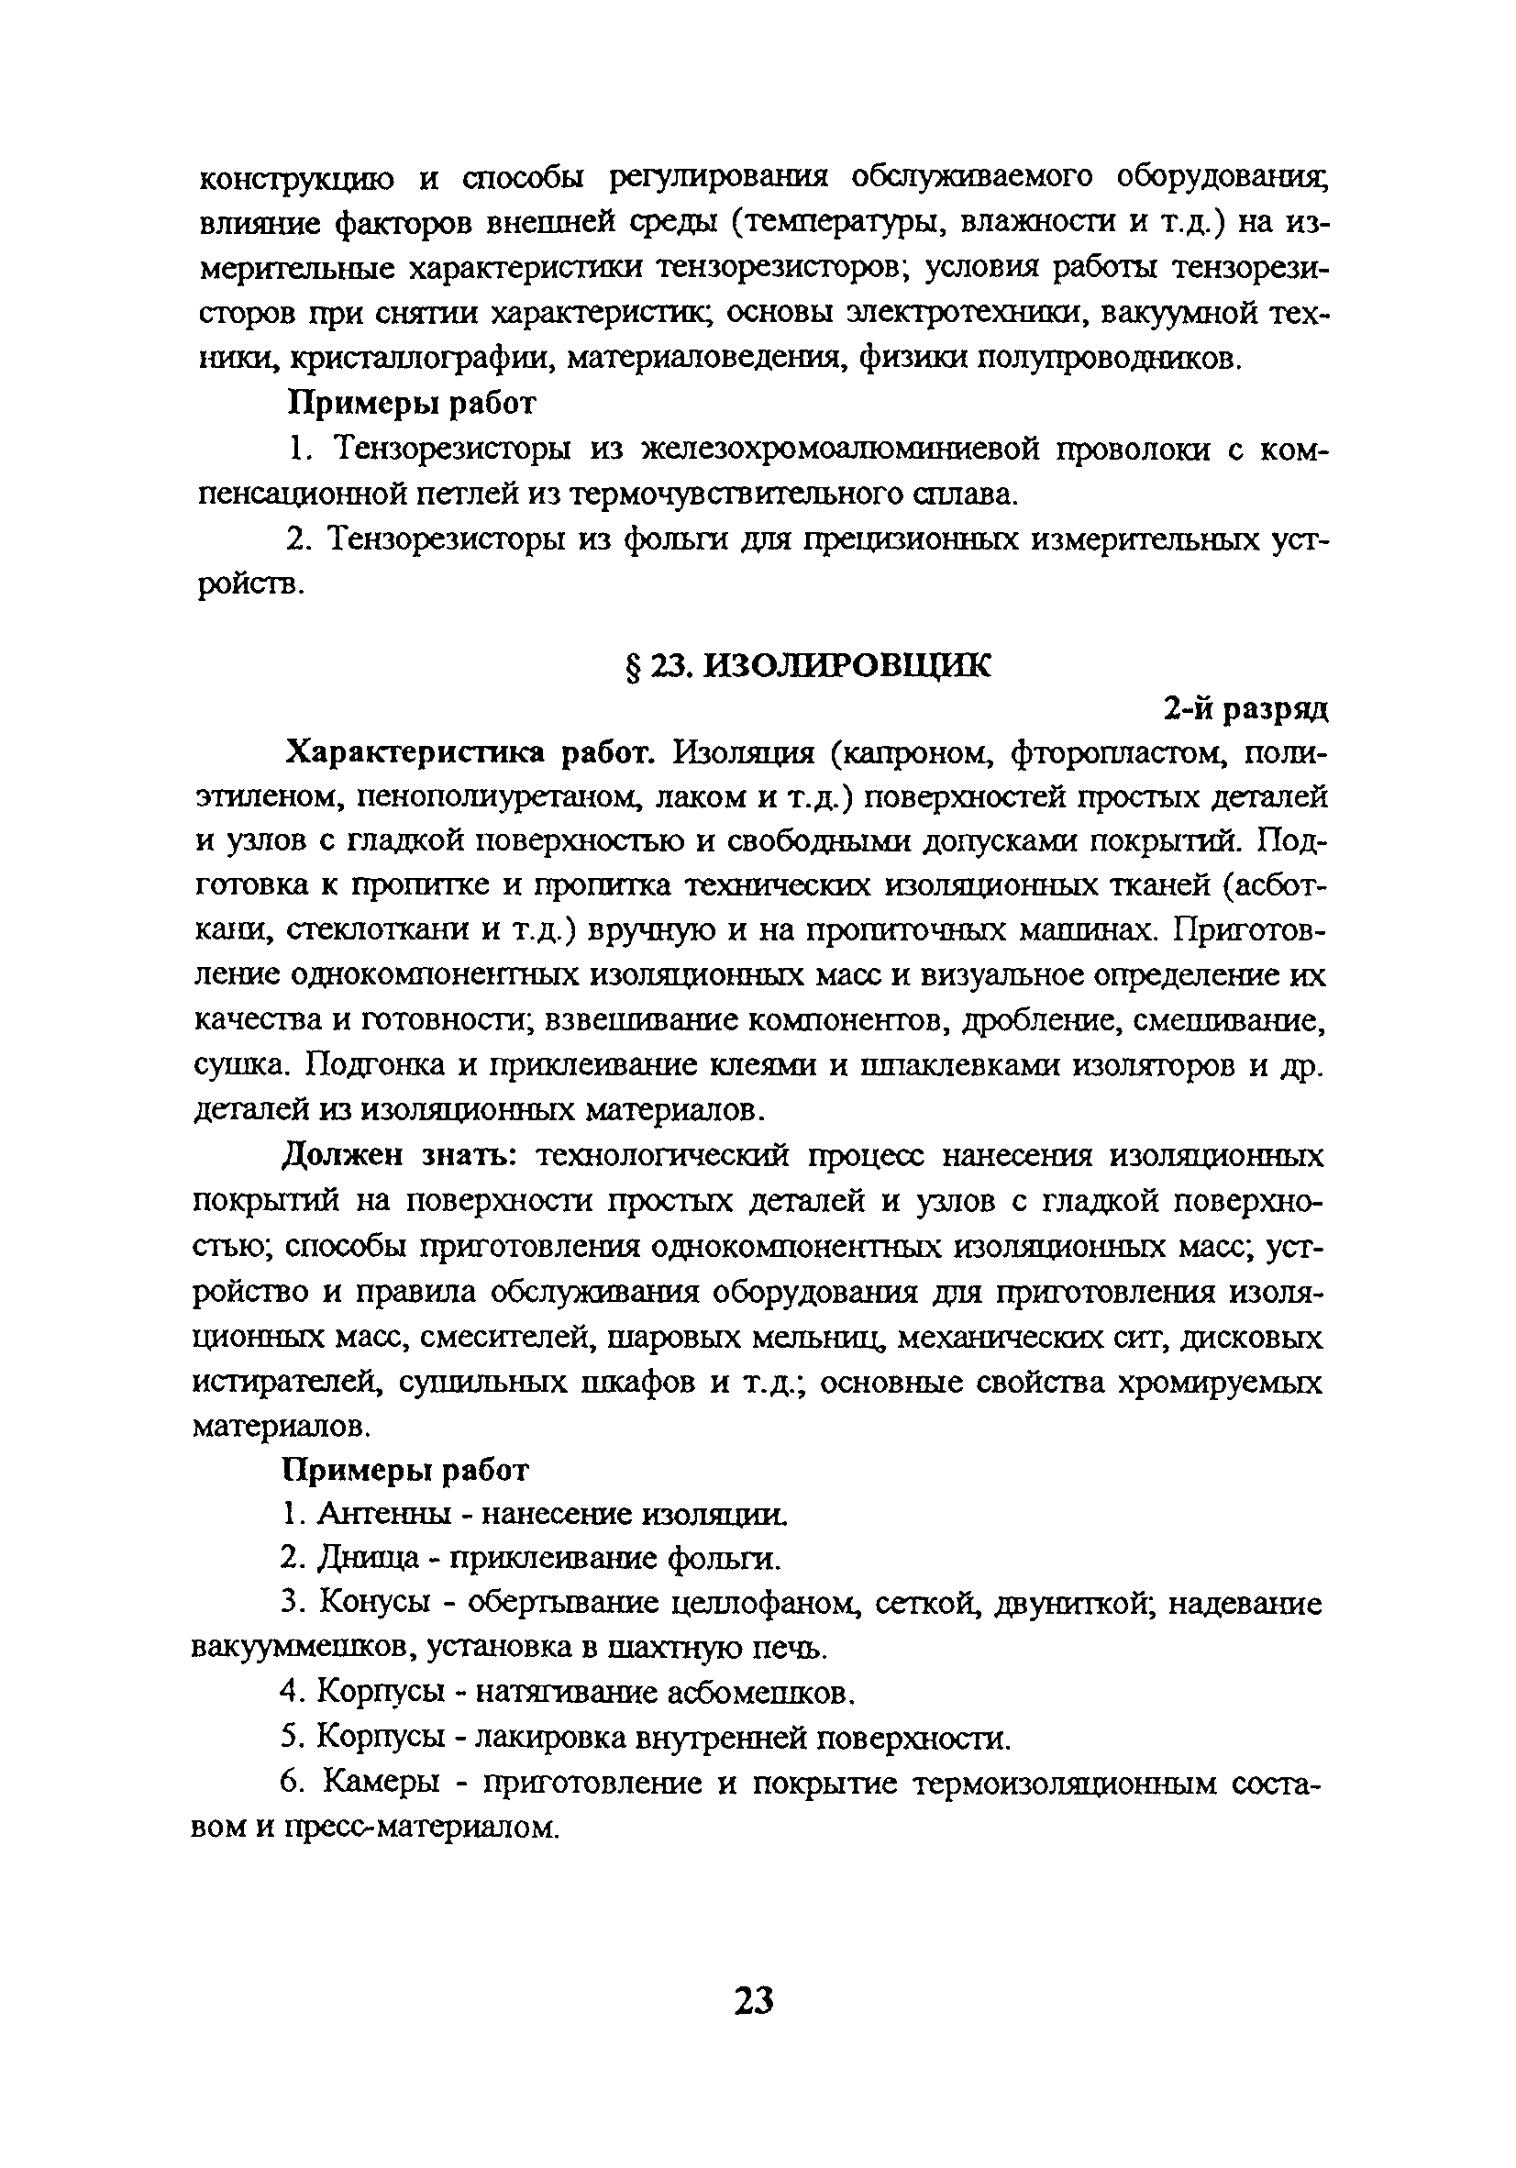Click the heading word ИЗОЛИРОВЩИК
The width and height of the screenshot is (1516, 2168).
tap(847, 666)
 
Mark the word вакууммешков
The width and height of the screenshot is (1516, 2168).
tap(304, 1649)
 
